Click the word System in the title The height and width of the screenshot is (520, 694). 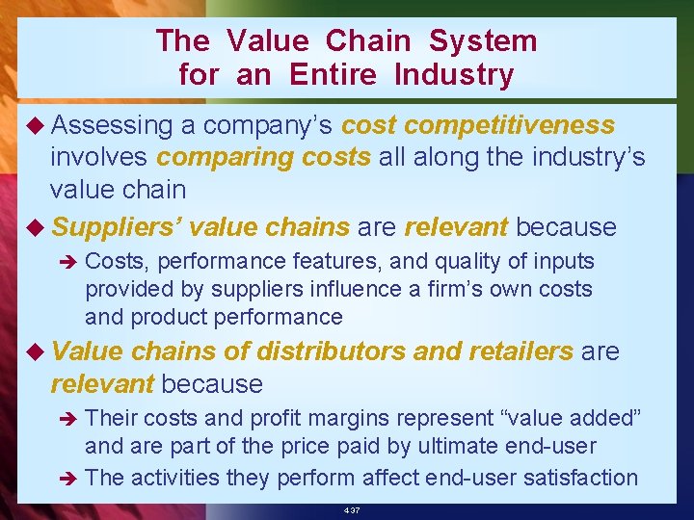pos(483,41)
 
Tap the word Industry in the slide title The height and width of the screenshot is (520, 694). pos(454,74)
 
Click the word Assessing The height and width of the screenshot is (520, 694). pos(112,126)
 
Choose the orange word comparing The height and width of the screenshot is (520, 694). pos(213,157)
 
